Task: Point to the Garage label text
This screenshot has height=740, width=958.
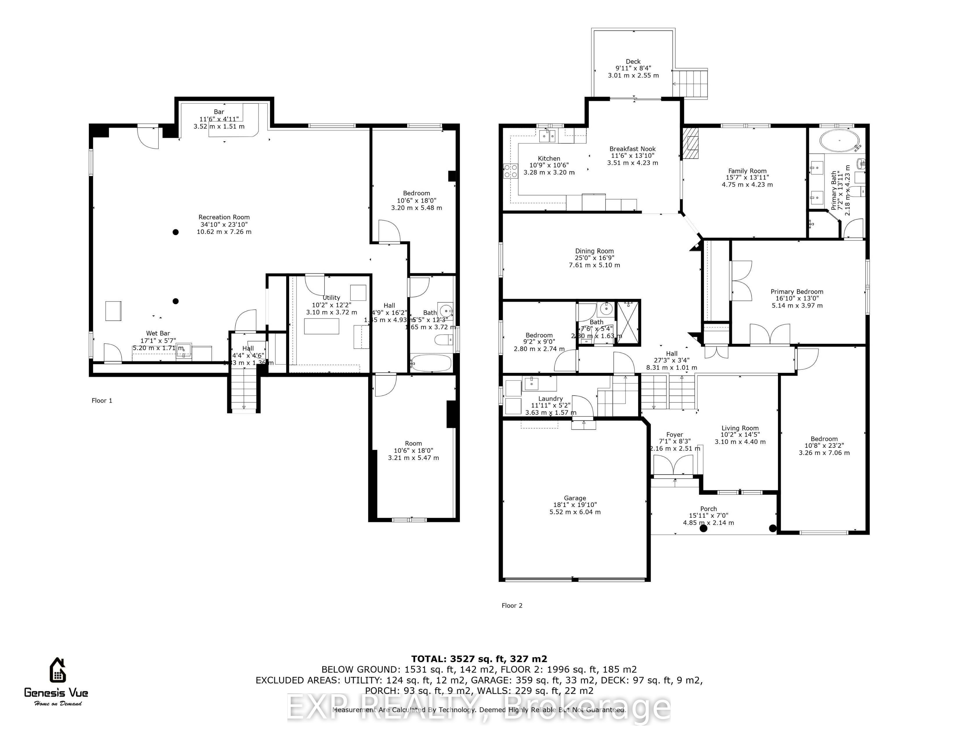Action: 575,498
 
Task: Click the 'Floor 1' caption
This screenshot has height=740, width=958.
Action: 102,401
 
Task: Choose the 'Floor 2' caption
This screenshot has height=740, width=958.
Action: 512,605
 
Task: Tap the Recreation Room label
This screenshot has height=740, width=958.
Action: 224,217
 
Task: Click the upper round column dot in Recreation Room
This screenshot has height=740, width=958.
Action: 175,232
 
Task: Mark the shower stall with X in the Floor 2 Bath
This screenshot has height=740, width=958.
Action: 628,323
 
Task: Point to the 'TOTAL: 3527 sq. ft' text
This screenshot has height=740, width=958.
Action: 479,658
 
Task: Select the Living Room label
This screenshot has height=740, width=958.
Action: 740,428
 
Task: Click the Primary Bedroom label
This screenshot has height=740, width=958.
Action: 797,292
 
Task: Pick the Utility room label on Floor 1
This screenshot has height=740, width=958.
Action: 331,298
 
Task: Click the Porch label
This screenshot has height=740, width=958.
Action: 708,509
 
